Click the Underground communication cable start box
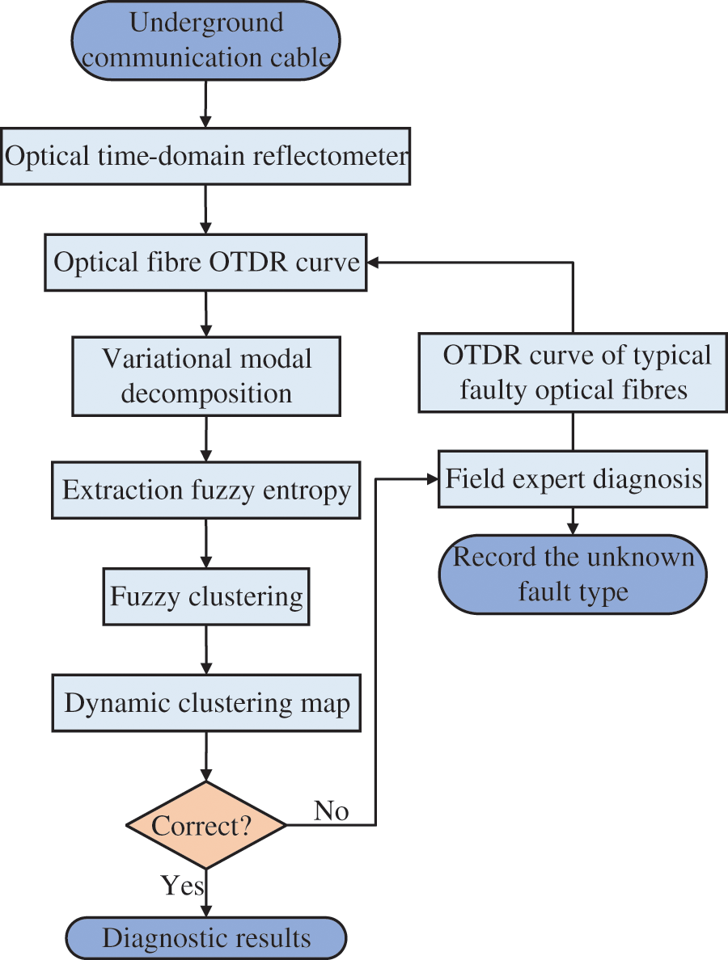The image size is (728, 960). (206, 40)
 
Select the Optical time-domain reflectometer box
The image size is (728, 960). (205, 156)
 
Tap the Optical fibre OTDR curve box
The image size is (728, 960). (205, 262)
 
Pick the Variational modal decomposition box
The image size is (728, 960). (206, 376)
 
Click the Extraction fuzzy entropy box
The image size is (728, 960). (206, 491)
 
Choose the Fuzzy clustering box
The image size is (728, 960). (206, 596)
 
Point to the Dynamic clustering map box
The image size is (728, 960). (206, 703)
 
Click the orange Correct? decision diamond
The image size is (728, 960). (206, 825)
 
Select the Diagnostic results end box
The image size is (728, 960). (206, 937)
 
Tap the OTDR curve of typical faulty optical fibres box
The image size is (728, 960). (573, 373)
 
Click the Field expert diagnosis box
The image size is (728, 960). (573, 478)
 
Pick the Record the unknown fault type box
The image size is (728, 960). (573, 575)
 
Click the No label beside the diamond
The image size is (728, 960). (332, 811)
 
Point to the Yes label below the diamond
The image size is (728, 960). (182, 886)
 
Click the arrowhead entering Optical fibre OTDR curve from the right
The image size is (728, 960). (373, 263)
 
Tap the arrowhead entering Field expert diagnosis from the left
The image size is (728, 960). (432, 479)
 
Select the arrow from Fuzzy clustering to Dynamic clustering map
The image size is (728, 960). (206, 651)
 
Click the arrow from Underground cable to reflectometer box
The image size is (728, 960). (206, 104)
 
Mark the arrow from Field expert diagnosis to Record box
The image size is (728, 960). (573, 522)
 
